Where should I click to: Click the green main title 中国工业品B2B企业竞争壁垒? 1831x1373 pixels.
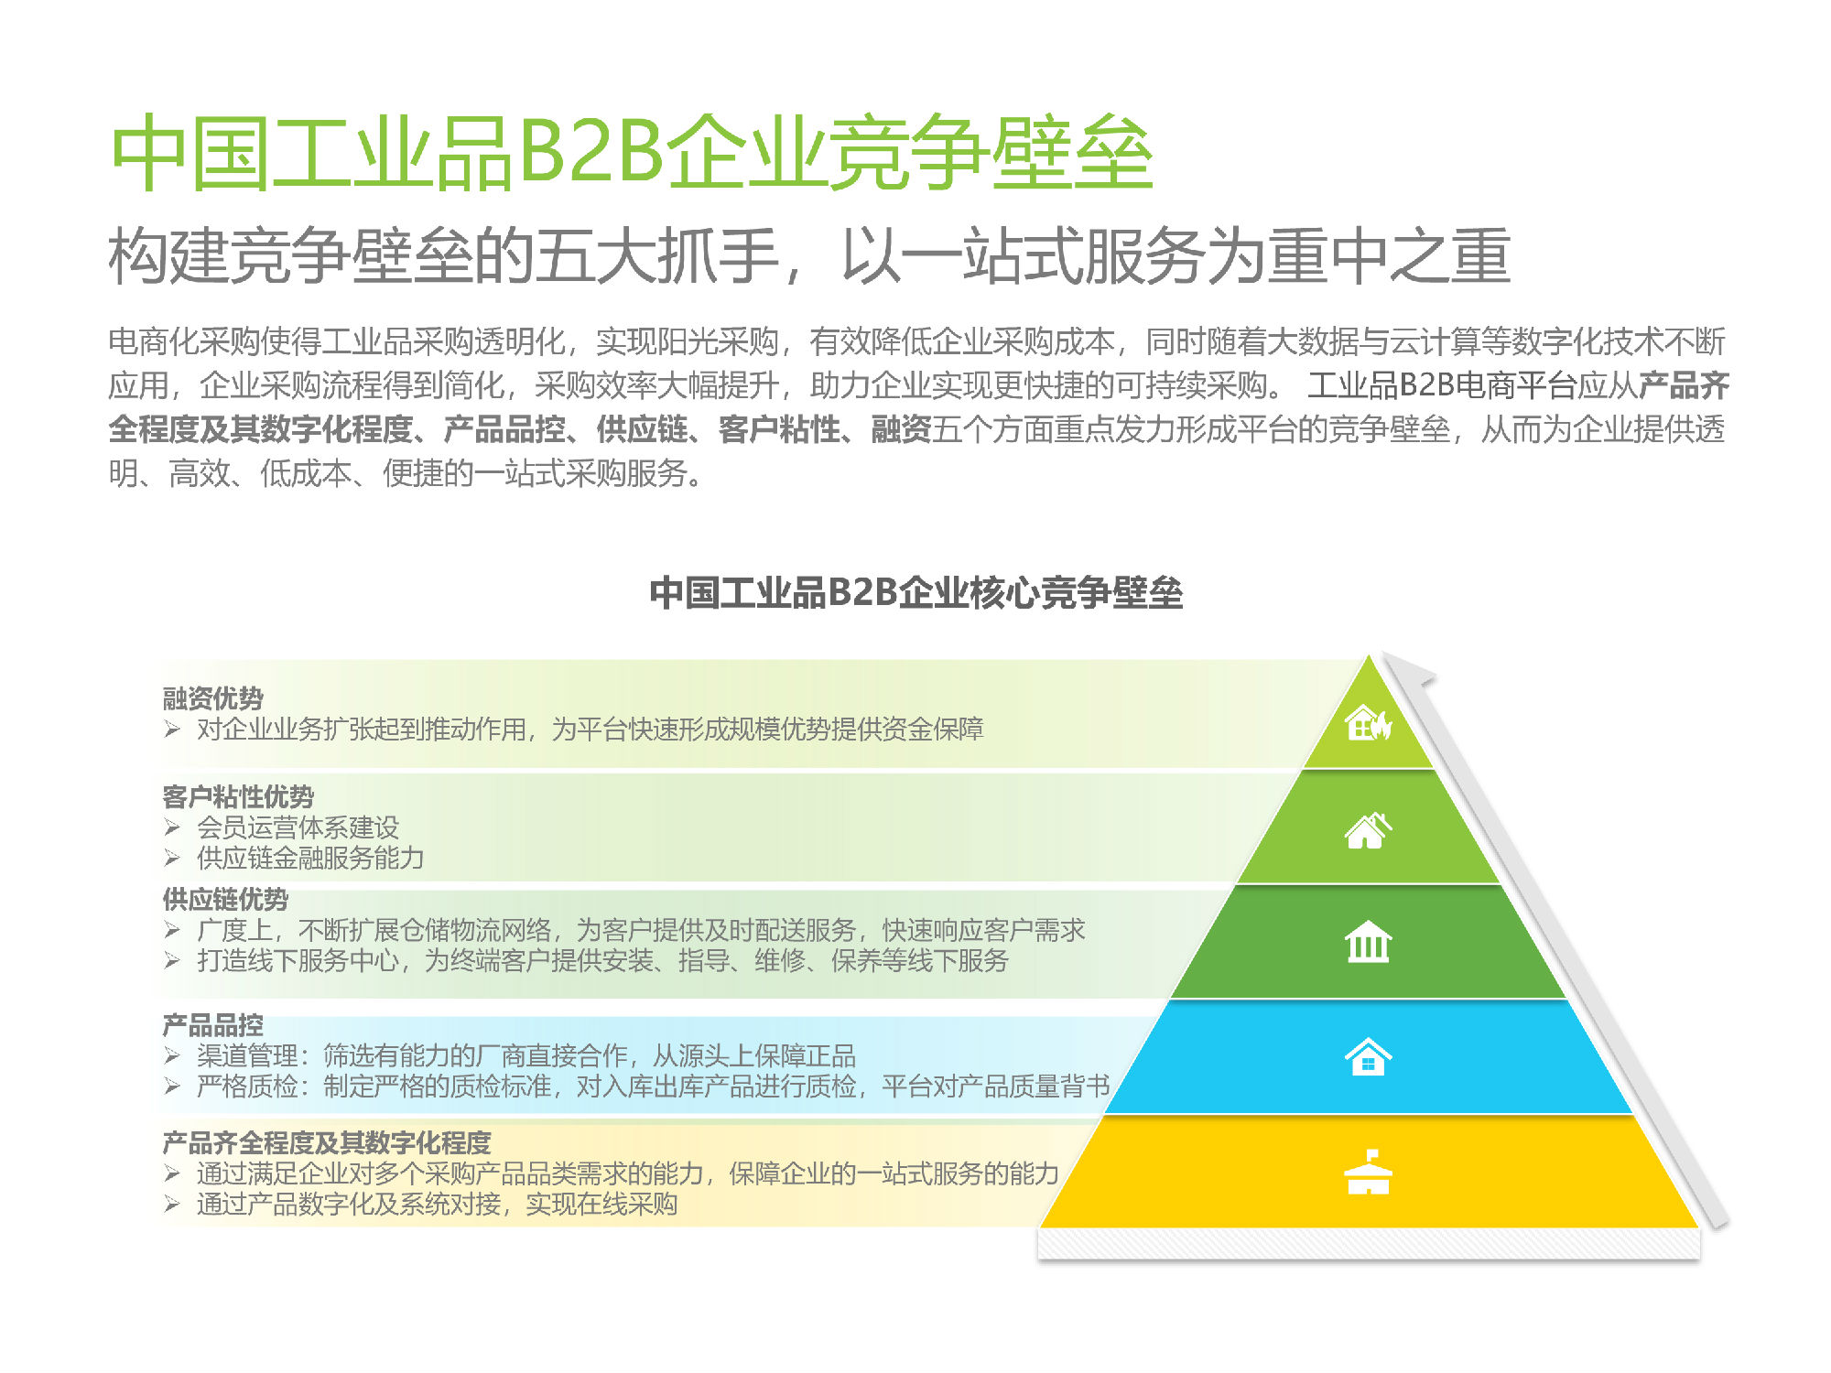631,153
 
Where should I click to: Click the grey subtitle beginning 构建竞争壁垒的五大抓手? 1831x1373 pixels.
809,255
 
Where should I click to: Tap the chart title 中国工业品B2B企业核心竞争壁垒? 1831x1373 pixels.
915,592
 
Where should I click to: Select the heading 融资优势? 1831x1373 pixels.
212,698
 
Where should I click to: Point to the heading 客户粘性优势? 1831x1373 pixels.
238,796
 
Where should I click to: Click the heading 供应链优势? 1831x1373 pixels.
225,899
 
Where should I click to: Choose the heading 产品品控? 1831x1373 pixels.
212,1024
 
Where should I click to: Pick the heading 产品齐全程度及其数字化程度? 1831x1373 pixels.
327,1142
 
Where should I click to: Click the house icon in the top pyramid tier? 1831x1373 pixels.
1368,723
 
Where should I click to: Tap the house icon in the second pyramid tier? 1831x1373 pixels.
1368,831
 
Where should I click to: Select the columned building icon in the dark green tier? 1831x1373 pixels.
1368,942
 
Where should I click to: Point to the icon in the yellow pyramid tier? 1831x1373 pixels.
1368,1173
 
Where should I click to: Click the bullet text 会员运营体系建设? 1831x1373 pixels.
298,827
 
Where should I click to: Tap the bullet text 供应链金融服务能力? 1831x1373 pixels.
310,858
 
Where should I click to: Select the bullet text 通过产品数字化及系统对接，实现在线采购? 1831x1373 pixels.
437,1204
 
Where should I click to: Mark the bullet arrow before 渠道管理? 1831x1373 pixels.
172,1055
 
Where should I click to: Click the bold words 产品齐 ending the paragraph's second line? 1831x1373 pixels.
1683,385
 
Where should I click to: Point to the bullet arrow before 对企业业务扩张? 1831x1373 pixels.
172,729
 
